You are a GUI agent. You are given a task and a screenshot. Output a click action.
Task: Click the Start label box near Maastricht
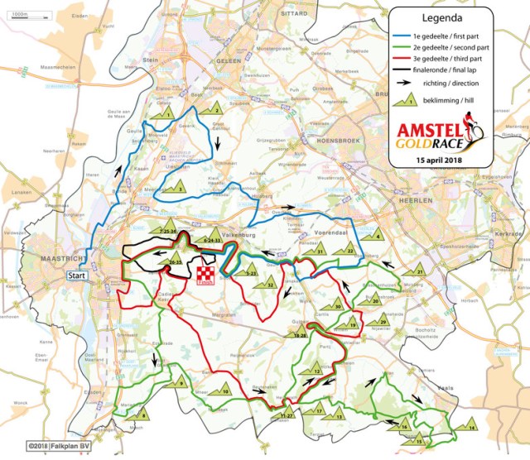coord(77,276)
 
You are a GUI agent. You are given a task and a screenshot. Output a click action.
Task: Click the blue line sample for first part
coord(407,36)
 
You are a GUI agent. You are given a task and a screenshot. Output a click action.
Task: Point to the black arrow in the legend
coord(407,84)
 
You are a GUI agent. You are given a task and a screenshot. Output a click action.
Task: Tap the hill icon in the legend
coord(407,101)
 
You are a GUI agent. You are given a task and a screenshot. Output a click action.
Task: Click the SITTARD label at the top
coord(279,14)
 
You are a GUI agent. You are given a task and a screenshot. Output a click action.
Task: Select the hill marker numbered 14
coord(470,427)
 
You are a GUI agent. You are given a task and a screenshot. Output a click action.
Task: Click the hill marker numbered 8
coord(143,413)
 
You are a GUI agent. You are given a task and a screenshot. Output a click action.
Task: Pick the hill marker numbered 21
coord(419,270)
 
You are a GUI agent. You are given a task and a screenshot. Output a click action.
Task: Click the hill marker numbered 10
coord(222,391)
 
